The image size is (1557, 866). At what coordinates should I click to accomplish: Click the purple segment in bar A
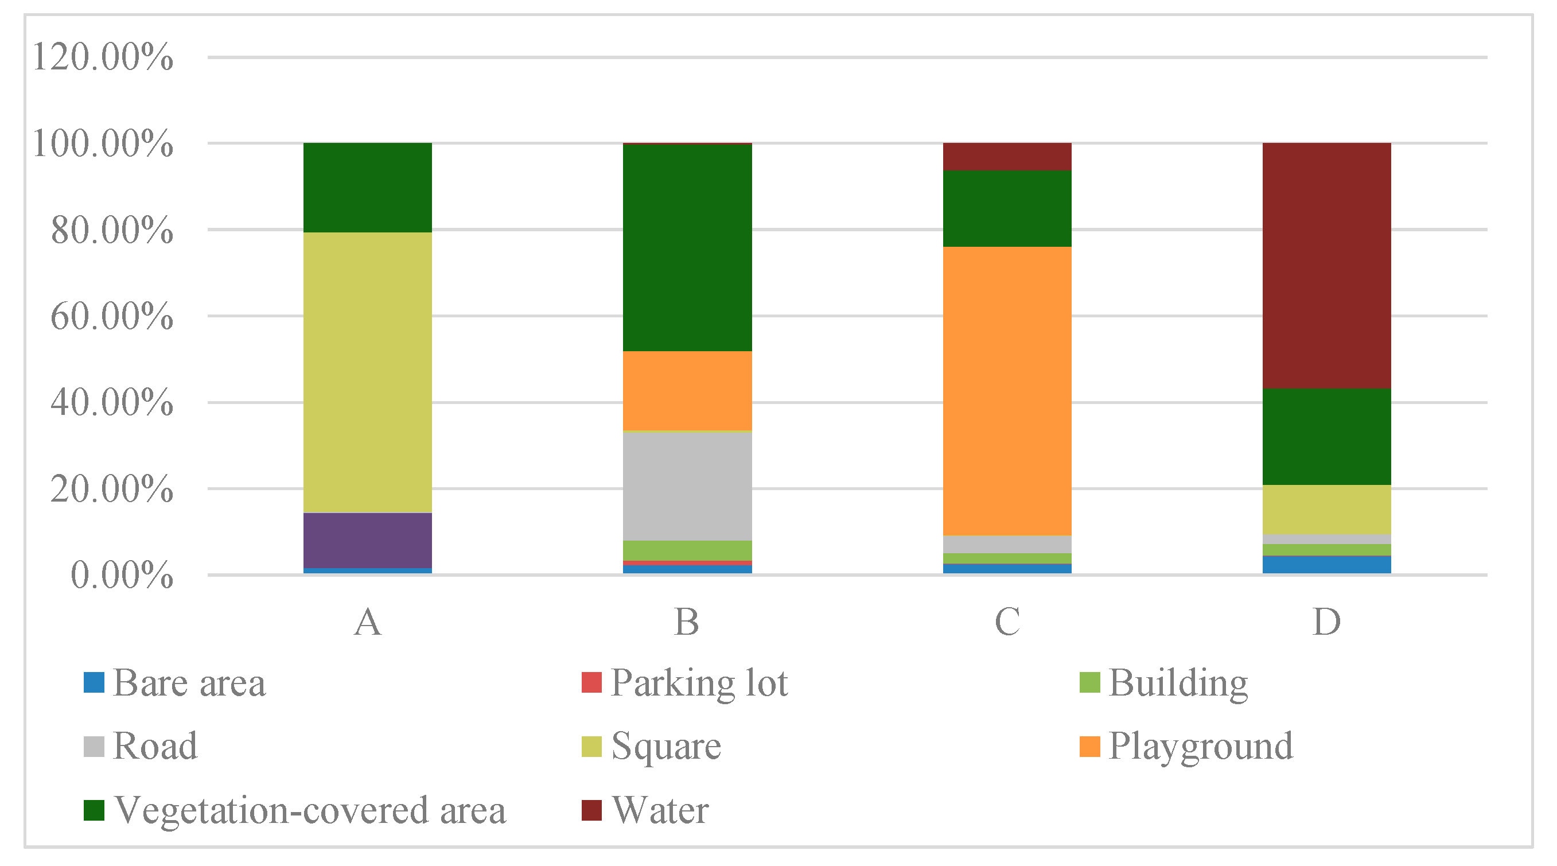367,540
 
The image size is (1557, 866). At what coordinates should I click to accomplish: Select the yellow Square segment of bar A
367,372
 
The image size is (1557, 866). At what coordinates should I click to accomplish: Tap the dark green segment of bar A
367,188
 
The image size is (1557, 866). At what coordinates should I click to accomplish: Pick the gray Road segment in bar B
687,486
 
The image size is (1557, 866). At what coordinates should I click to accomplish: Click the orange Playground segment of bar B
687,391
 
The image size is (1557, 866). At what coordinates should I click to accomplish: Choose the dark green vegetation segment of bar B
687,248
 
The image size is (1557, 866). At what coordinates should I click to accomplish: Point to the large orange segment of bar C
1007,391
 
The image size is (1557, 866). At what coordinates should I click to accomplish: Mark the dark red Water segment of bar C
1007,157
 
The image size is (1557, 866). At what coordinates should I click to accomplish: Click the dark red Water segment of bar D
1327,266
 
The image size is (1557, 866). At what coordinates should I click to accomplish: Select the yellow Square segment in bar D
1327,510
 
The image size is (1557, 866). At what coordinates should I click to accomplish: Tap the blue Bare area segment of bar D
1327,564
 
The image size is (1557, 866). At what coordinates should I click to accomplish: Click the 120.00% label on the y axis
103,57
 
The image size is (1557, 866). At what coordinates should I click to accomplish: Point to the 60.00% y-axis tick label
112,316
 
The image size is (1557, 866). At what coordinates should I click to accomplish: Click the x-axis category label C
1007,622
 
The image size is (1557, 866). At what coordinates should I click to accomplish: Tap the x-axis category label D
1327,622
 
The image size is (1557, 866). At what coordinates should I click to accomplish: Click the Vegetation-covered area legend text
309,810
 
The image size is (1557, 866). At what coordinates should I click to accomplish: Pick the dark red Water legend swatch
591,810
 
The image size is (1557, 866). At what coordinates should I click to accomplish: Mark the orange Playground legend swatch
1089,747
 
